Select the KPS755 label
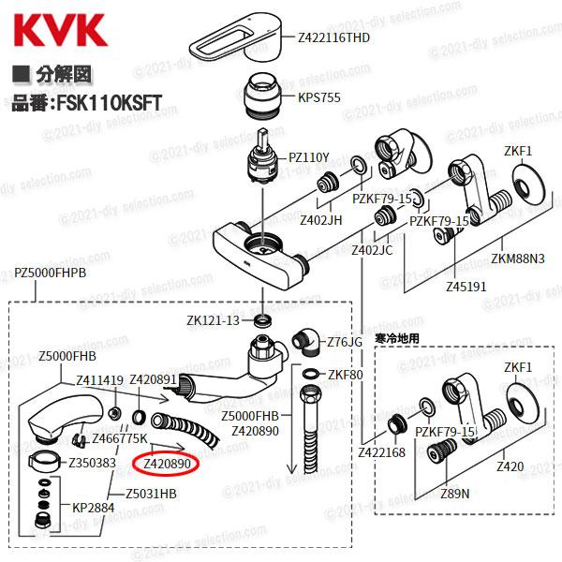click(x=320, y=96)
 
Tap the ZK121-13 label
click(x=214, y=320)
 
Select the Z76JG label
click(x=344, y=342)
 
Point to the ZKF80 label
click(x=345, y=375)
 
